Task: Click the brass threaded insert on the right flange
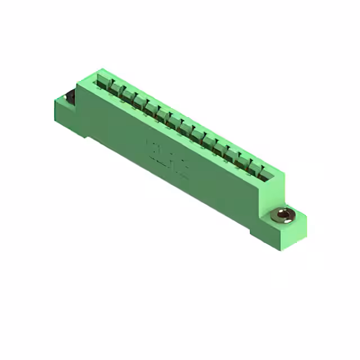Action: tap(281, 214)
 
